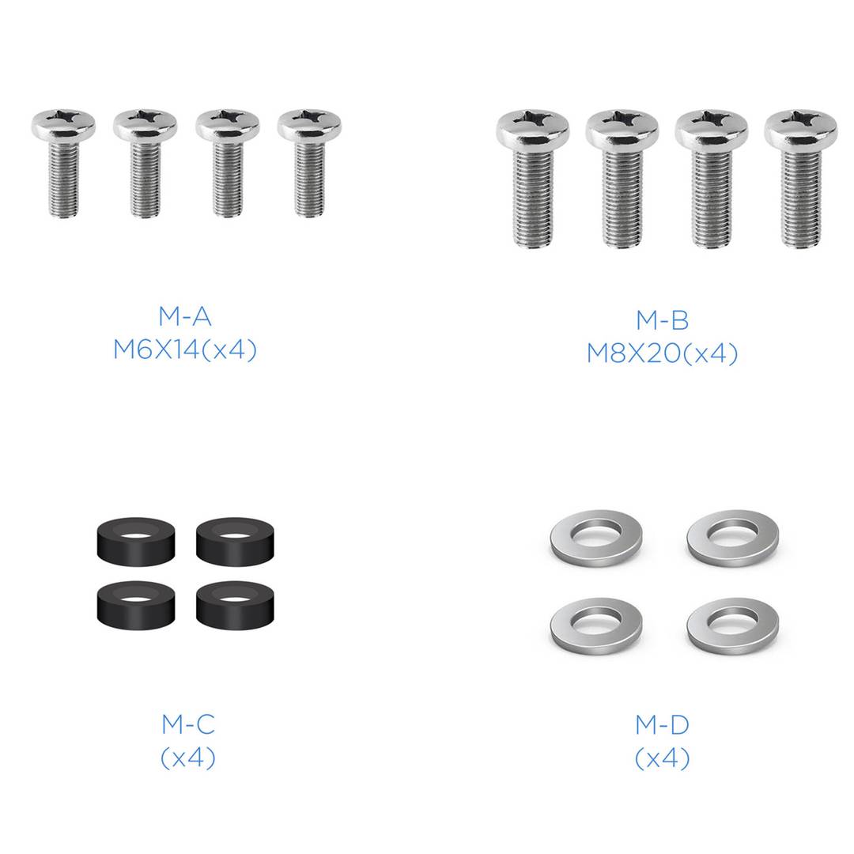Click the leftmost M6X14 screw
(x=63, y=164)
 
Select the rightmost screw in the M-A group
(x=309, y=164)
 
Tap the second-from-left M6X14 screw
(x=145, y=164)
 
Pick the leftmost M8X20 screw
(x=533, y=179)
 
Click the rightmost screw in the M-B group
(x=800, y=179)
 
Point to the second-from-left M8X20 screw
(x=622, y=179)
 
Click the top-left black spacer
(x=136, y=542)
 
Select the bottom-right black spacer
(x=236, y=606)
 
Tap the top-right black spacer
(x=236, y=542)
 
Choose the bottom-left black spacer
(x=136, y=606)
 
